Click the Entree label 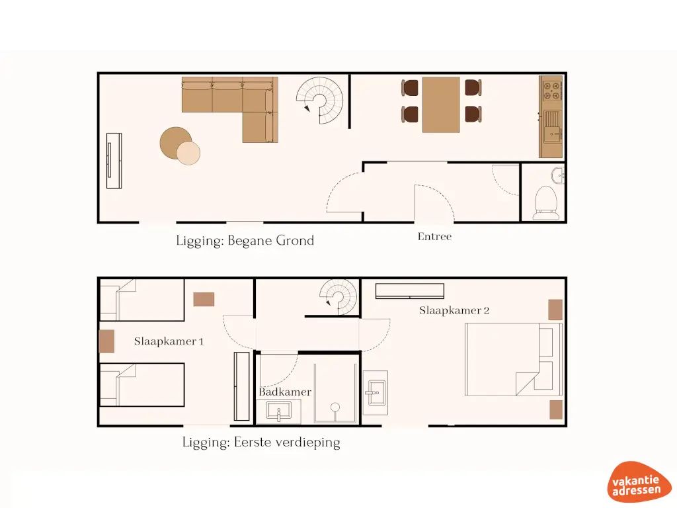click(434, 236)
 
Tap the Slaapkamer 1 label click(169, 341)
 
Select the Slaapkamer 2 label click(454, 310)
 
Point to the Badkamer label click(284, 392)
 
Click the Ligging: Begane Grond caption click(245, 241)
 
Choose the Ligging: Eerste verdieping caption click(261, 443)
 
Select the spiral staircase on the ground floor click(321, 101)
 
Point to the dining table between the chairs click(441, 104)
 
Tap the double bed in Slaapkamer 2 click(512, 359)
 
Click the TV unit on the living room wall click(114, 161)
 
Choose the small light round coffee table click(188, 153)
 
